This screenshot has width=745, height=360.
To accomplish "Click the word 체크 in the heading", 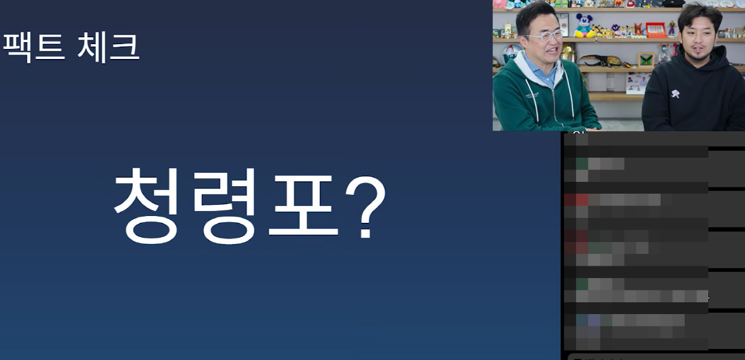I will coord(108,47).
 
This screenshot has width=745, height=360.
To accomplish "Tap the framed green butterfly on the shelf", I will coord(646,60).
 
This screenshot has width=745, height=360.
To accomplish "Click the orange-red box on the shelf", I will coord(656,30).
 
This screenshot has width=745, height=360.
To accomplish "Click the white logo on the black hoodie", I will coord(675,94).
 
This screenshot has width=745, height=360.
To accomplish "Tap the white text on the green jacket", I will coord(531,96).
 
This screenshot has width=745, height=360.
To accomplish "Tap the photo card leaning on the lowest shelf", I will coord(636,83).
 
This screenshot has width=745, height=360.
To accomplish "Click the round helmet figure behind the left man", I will coord(511,53).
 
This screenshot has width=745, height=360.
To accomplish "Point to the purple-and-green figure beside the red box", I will coord(672,29).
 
